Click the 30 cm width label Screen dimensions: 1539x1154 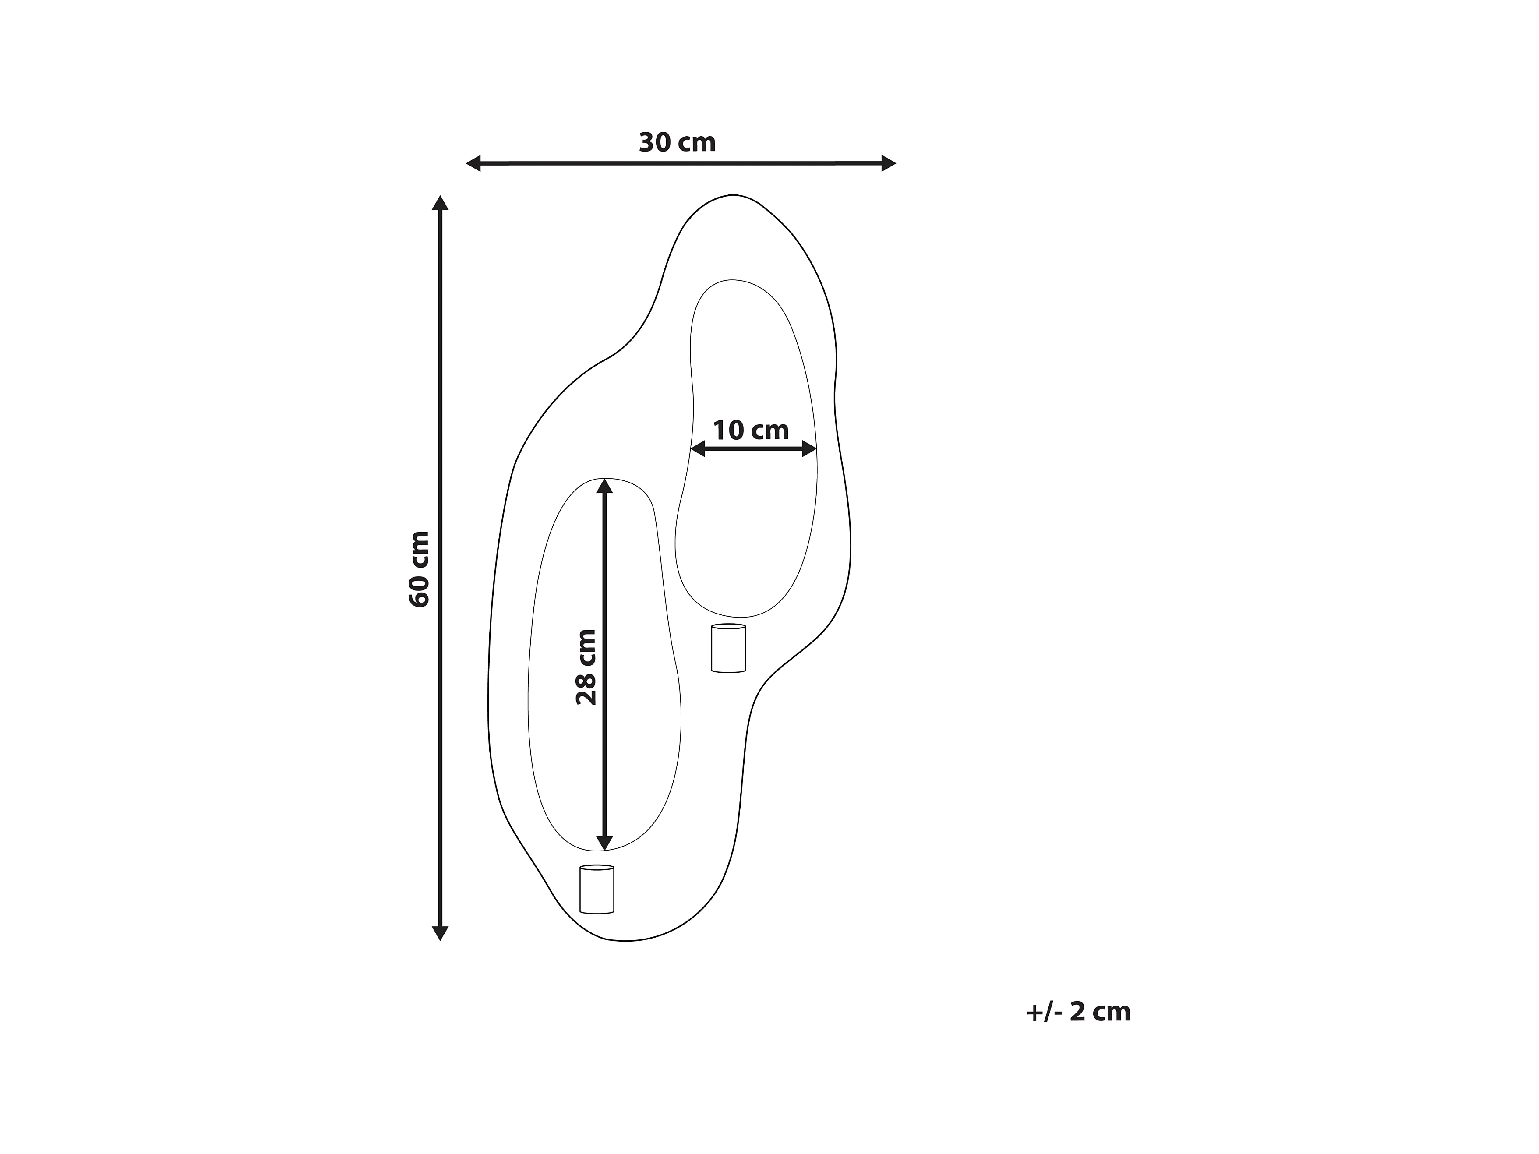677,143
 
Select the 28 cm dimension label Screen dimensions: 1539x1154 586,667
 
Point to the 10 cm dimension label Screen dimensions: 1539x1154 751,431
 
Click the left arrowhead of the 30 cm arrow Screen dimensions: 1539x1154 473,163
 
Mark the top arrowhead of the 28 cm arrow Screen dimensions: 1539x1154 604,486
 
